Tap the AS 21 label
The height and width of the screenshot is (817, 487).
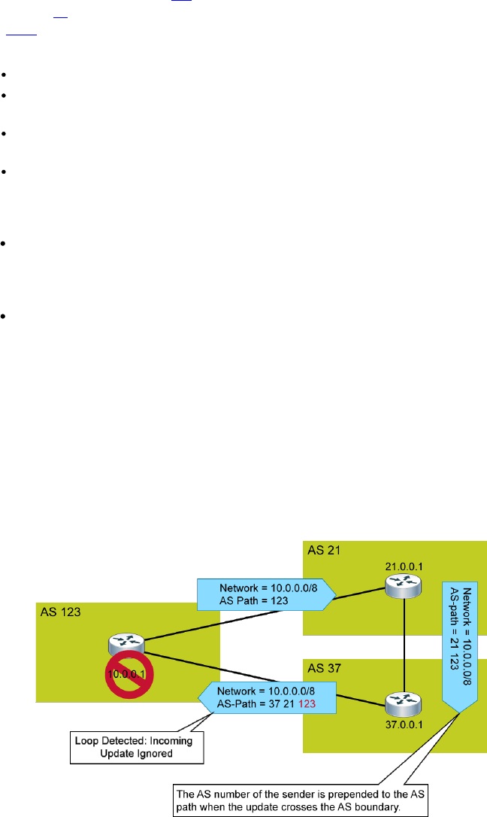323,550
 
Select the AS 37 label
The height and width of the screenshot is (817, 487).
323,669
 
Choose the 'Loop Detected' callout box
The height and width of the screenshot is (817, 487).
135,748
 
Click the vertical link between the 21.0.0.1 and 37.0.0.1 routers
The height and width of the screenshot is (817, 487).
405,644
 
